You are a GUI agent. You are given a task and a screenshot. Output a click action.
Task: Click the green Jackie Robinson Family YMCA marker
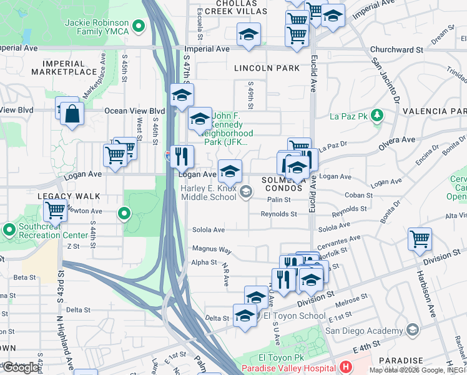[x=140, y=26]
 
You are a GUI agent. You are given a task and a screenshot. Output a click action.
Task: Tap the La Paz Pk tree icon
[x=376, y=115]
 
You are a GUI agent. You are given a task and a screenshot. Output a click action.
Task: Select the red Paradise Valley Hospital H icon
[x=347, y=367]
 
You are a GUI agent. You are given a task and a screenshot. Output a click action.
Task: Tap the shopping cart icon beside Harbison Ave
[x=420, y=238]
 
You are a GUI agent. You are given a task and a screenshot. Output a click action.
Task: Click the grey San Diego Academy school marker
[x=412, y=329]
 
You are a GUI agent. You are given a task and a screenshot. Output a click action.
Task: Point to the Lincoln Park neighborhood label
[x=267, y=67]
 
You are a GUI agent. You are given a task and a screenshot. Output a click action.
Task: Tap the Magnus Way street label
[x=212, y=249]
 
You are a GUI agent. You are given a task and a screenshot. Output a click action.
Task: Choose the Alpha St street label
[x=204, y=262]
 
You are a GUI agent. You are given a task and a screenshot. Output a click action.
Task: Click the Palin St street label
[x=279, y=199]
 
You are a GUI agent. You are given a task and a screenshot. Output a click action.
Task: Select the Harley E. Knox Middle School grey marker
[x=247, y=192]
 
